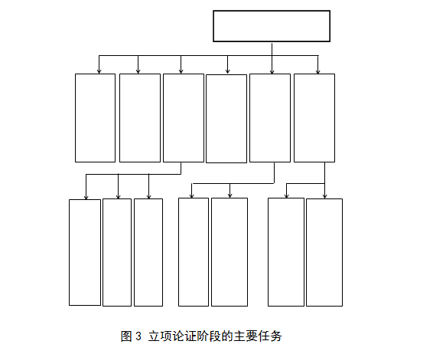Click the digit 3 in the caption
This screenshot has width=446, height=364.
[138, 336]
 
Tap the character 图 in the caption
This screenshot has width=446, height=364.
[126, 336]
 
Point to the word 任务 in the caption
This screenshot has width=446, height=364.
[270, 336]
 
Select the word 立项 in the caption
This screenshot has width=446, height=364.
[159, 336]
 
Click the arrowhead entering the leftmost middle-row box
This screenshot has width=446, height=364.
[99, 71]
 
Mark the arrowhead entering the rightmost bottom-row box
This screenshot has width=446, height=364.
[325, 195]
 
